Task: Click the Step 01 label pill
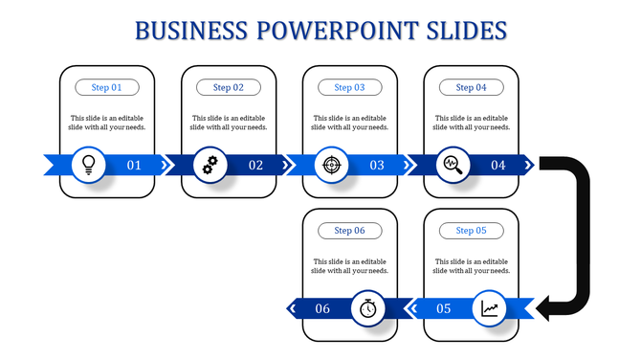pos(107,87)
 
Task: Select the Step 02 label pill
pos(229,87)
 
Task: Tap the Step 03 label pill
pos(349,87)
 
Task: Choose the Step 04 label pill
pos(471,87)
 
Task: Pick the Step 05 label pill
pos(471,231)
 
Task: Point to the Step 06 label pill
pos(349,231)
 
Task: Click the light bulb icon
pos(89,165)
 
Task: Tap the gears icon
pos(210,165)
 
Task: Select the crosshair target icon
pos(331,165)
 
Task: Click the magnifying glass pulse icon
pos(453,165)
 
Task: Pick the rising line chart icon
pos(490,308)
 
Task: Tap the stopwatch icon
pos(368,308)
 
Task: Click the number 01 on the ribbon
pos(134,166)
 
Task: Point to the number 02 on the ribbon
pos(255,166)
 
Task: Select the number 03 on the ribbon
pos(377,166)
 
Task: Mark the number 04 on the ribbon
pos(498,166)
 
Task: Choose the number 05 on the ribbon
pos(444,309)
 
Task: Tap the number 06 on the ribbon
pos(322,309)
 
